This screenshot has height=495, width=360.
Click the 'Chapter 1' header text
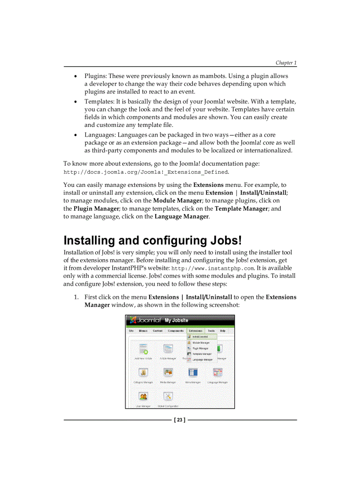pyautogui.click(x=286, y=63)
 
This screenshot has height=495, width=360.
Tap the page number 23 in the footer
pyautogui.click(x=180, y=420)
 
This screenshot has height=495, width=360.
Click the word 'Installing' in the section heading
pyautogui.click(x=89, y=241)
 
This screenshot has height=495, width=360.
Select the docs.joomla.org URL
pyautogui.click(x=146, y=172)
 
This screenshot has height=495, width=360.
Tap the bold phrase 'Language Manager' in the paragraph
pyautogui.click(x=181, y=216)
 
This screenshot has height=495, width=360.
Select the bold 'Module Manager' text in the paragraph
pyautogui.click(x=177, y=201)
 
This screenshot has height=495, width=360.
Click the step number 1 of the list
pyautogui.click(x=76, y=297)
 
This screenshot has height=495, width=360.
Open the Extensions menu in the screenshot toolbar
pyautogui.click(x=195, y=331)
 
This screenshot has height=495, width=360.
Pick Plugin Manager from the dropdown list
pyautogui.click(x=201, y=348)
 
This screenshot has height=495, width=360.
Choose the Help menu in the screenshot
pyautogui.click(x=223, y=331)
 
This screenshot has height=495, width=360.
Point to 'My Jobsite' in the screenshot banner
pyautogui.click(x=176, y=320)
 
